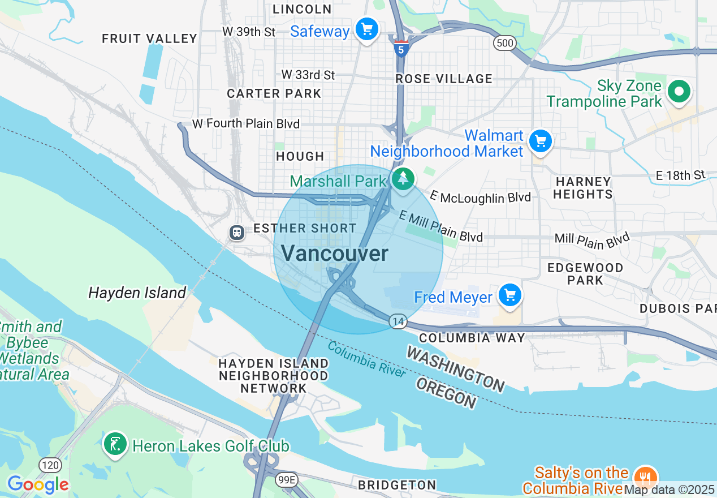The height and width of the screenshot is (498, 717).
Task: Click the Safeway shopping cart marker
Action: [x=367, y=28]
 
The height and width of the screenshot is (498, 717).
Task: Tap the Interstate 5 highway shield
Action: [x=401, y=49]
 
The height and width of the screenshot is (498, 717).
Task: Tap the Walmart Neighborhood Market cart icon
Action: [x=541, y=141]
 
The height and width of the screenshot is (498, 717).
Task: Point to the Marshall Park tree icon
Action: [x=403, y=179]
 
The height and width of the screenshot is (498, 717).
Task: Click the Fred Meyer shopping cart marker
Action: [x=510, y=295]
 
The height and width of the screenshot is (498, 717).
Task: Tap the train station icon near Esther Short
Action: [x=236, y=232]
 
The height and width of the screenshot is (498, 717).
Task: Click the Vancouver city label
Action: [x=335, y=254]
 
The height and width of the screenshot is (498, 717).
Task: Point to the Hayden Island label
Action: [x=137, y=293]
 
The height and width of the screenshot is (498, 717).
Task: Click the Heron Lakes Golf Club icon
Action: [x=115, y=444]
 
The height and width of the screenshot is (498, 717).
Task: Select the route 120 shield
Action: [x=50, y=465]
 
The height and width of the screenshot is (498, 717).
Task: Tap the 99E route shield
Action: [x=287, y=480]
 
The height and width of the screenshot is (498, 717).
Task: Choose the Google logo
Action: [x=38, y=484]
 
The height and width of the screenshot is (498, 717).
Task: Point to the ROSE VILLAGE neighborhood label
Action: [x=444, y=79]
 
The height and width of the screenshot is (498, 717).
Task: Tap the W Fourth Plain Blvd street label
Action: [x=246, y=123]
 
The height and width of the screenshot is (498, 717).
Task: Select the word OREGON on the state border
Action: [x=446, y=392]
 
